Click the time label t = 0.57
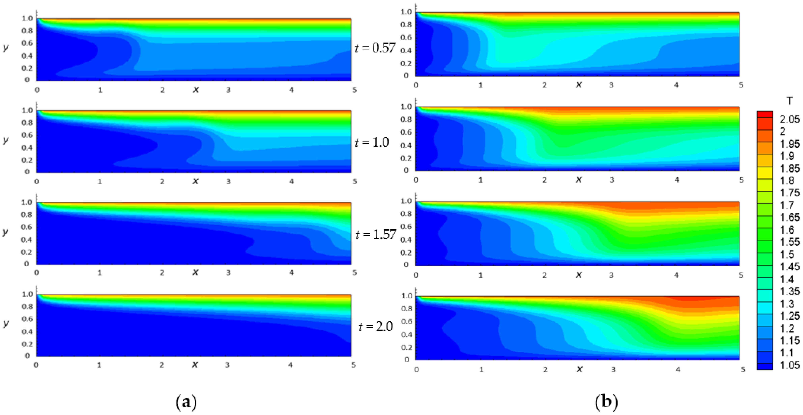tap(375, 48)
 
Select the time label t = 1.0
tap(372, 142)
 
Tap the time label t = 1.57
tap(376, 234)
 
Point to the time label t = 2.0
tap(376, 326)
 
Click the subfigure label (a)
tap(186, 402)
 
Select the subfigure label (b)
tap(606, 402)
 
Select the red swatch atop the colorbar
tap(765, 114)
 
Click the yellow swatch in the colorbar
tap(765, 172)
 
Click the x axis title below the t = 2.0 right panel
tap(579, 369)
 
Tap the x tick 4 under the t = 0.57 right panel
tap(676, 85)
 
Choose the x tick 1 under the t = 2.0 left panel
tap(99, 365)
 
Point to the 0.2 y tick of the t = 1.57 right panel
tap(406, 252)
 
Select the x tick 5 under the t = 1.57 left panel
tap(355, 273)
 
